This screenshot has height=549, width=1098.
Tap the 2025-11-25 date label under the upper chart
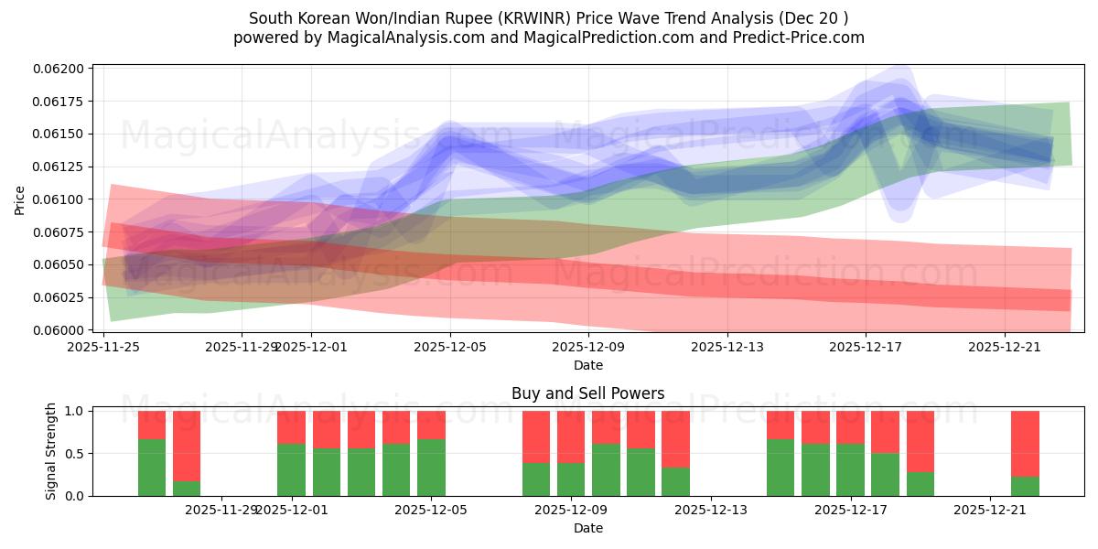[x=103, y=347]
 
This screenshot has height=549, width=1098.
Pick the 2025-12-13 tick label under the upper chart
[x=727, y=347]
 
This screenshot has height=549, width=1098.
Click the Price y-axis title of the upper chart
[x=20, y=199]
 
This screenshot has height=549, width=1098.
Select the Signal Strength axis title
[x=51, y=452]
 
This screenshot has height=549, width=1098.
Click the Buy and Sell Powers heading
[x=587, y=393]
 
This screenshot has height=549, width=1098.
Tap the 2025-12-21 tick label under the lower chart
[x=991, y=511]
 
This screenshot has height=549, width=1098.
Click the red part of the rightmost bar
[x=1025, y=444]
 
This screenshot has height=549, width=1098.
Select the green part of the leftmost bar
[x=152, y=468]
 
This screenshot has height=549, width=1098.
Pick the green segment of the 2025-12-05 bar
[x=431, y=468]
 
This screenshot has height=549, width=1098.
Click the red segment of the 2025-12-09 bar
[x=571, y=436]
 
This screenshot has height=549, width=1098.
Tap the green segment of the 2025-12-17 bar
[x=850, y=469]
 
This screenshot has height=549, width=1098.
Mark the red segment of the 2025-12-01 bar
[x=291, y=427]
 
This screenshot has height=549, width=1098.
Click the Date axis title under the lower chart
[x=587, y=528]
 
